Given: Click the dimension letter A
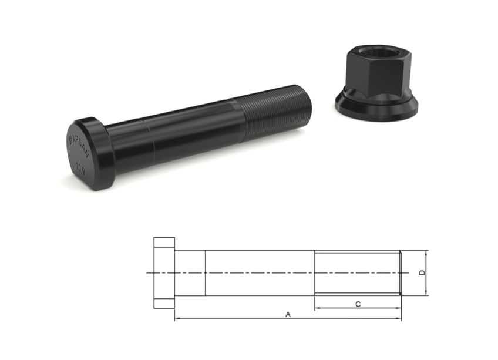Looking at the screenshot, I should coord(288,314).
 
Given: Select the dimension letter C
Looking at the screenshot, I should coord(358,304).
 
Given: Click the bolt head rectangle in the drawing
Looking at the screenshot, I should coord(164,273).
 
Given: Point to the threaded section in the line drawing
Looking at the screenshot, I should coord(357,273).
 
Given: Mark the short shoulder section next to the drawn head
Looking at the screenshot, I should coord(190,273).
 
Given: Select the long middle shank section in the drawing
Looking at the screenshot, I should coord(259,273).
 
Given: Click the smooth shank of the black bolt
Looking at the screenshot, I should coord(176,138).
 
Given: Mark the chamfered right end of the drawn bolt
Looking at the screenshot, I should coord(401,273).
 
